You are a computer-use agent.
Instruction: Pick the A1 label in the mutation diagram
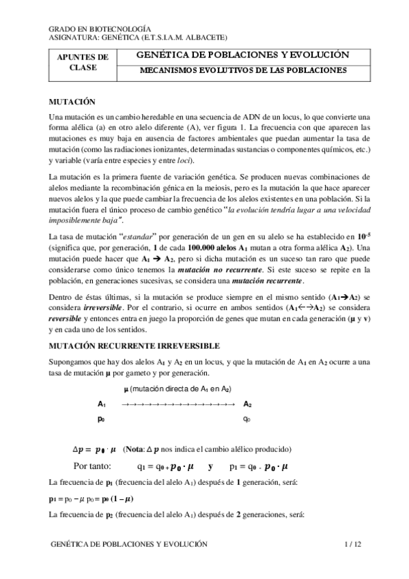point(102,404)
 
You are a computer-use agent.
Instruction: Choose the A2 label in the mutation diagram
point(247,404)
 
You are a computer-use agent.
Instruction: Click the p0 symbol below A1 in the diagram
point(101,419)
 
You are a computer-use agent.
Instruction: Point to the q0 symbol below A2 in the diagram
point(246,419)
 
